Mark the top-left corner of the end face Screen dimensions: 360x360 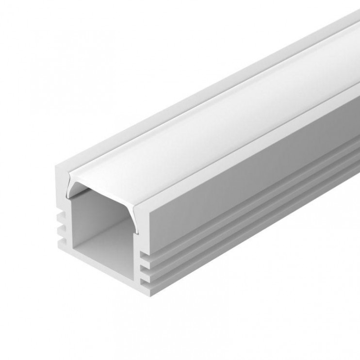pyautogui.click(x=56, y=165)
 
